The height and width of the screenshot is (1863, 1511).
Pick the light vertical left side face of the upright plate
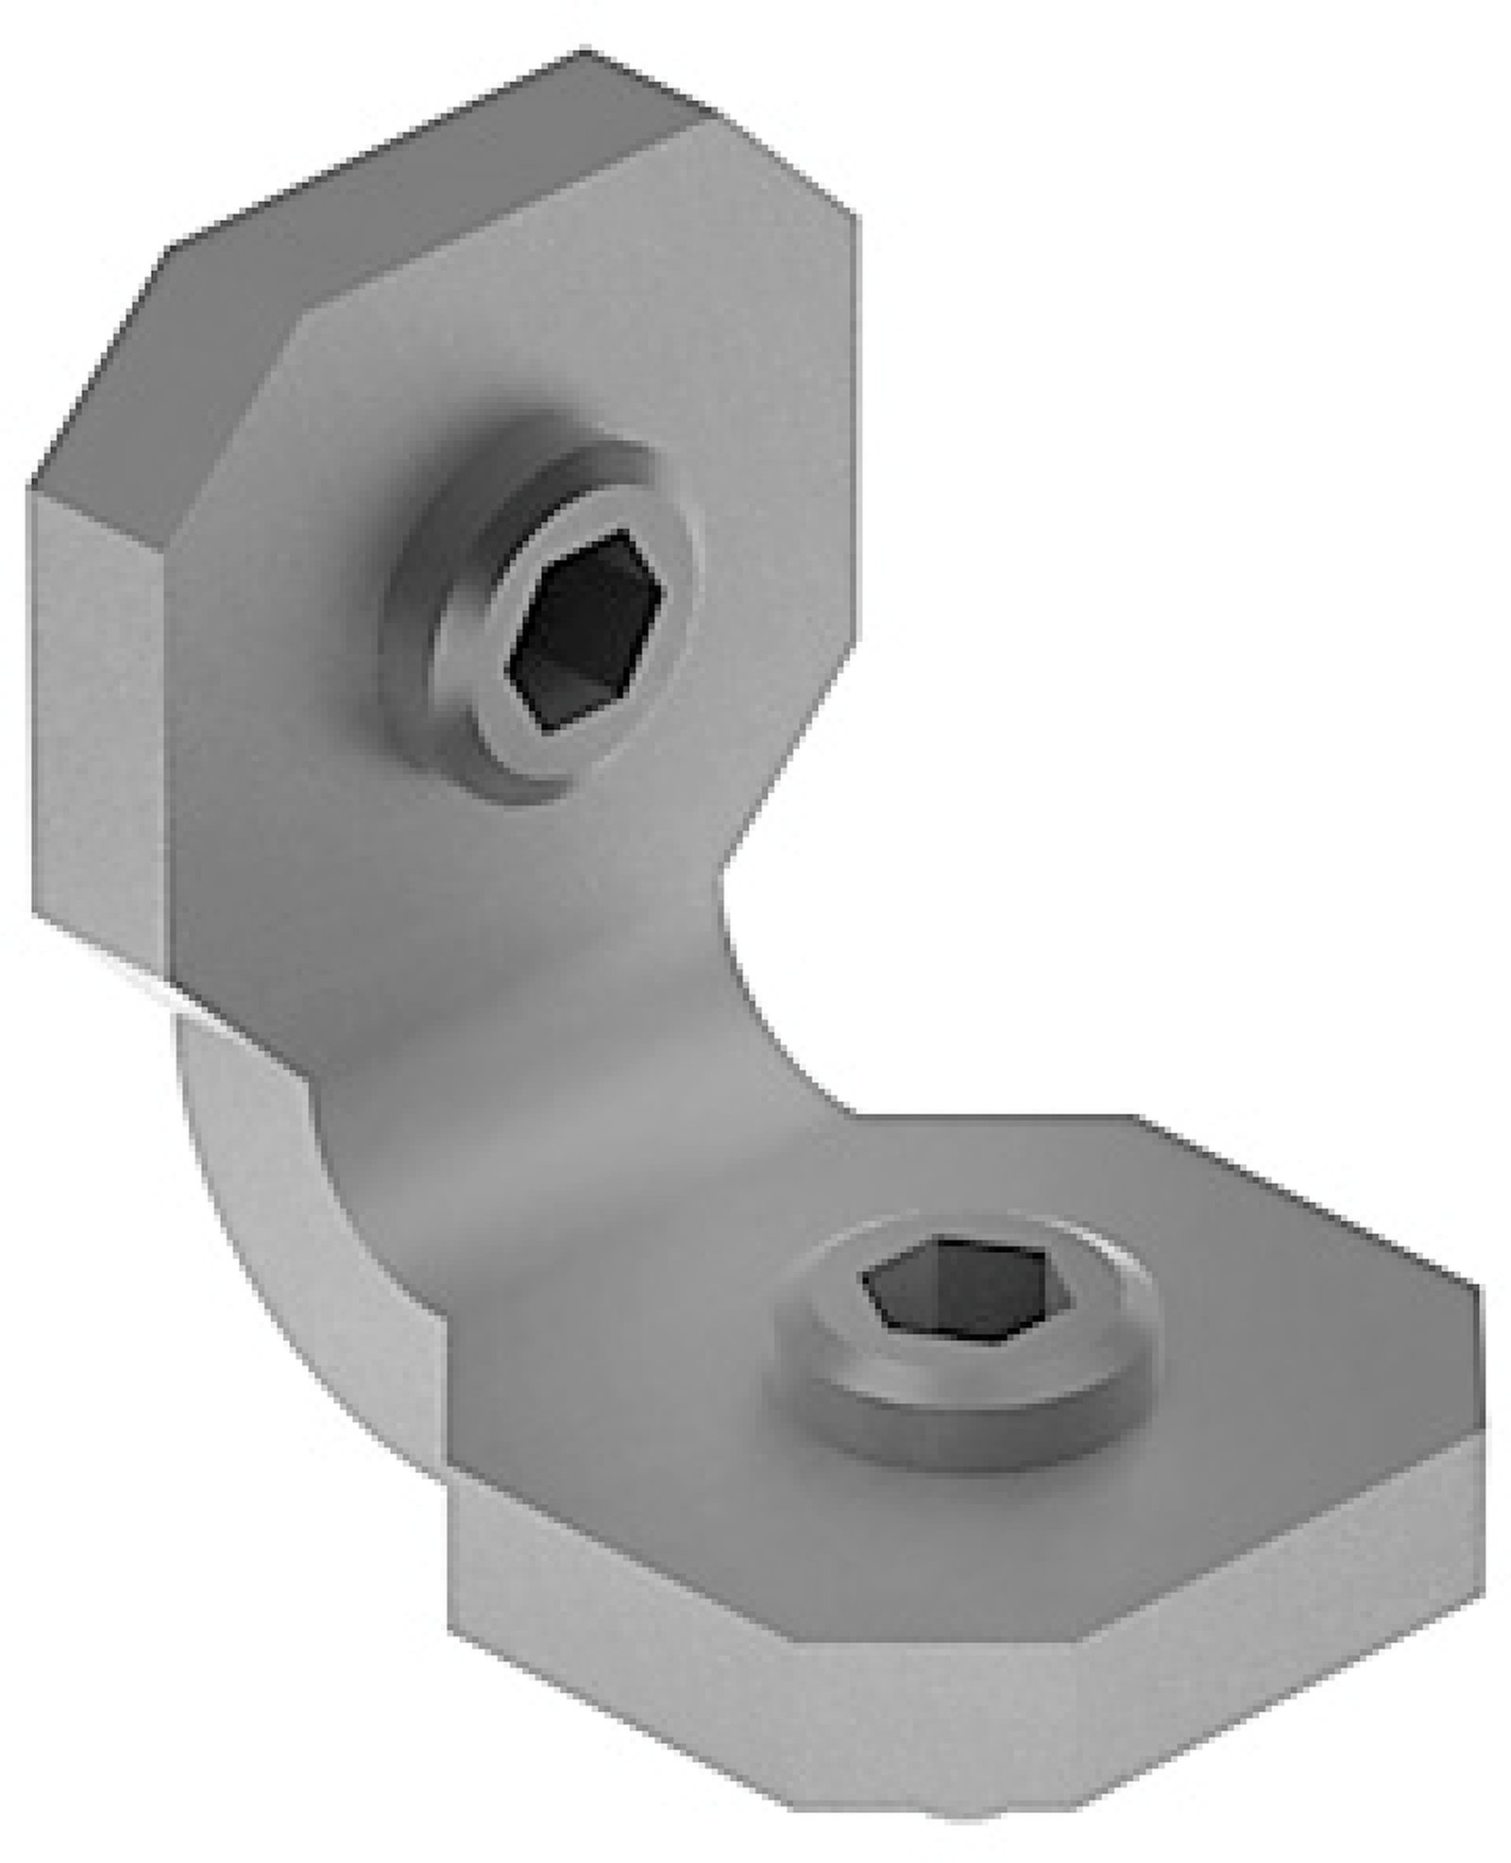[99, 718]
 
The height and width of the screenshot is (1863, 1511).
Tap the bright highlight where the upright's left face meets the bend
[142, 977]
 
